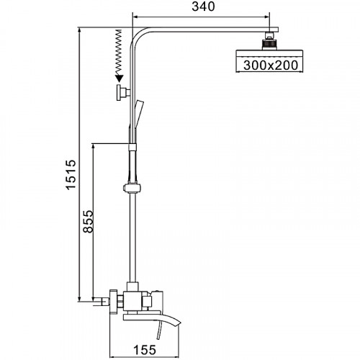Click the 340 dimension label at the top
click(199, 9)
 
